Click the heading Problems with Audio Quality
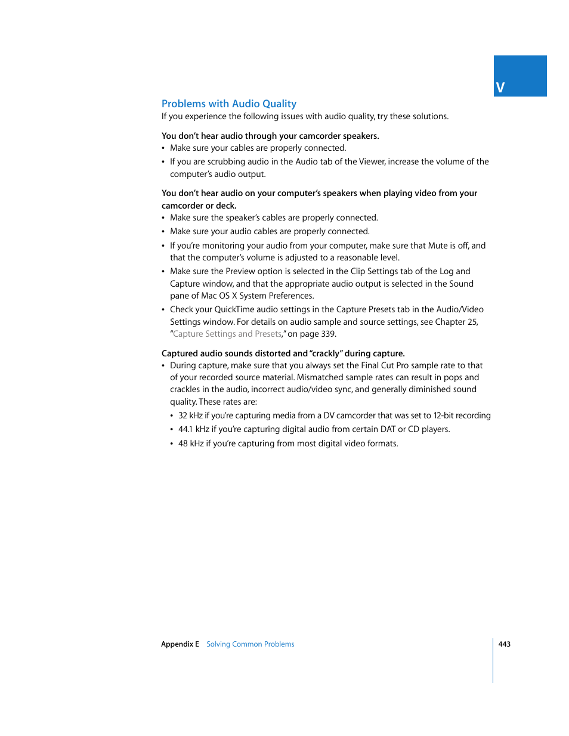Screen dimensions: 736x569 (x=228, y=104)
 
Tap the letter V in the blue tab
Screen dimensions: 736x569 (x=500, y=88)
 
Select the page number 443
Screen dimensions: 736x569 (x=504, y=644)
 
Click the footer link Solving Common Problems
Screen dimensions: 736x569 (x=250, y=644)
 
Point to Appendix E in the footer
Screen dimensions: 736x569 (x=180, y=644)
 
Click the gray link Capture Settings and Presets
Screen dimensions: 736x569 (x=227, y=334)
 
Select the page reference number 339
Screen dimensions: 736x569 (x=328, y=334)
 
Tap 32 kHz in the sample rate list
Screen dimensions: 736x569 (x=190, y=416)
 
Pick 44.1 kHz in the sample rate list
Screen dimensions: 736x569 (x=193, y=430)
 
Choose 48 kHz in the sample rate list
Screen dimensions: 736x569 (x=191, y=444)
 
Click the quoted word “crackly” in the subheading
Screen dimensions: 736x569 (x=326, y=354)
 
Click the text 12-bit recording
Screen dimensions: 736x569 (x=462, y=416)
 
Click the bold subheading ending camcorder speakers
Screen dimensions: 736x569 (x=270, y=136)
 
